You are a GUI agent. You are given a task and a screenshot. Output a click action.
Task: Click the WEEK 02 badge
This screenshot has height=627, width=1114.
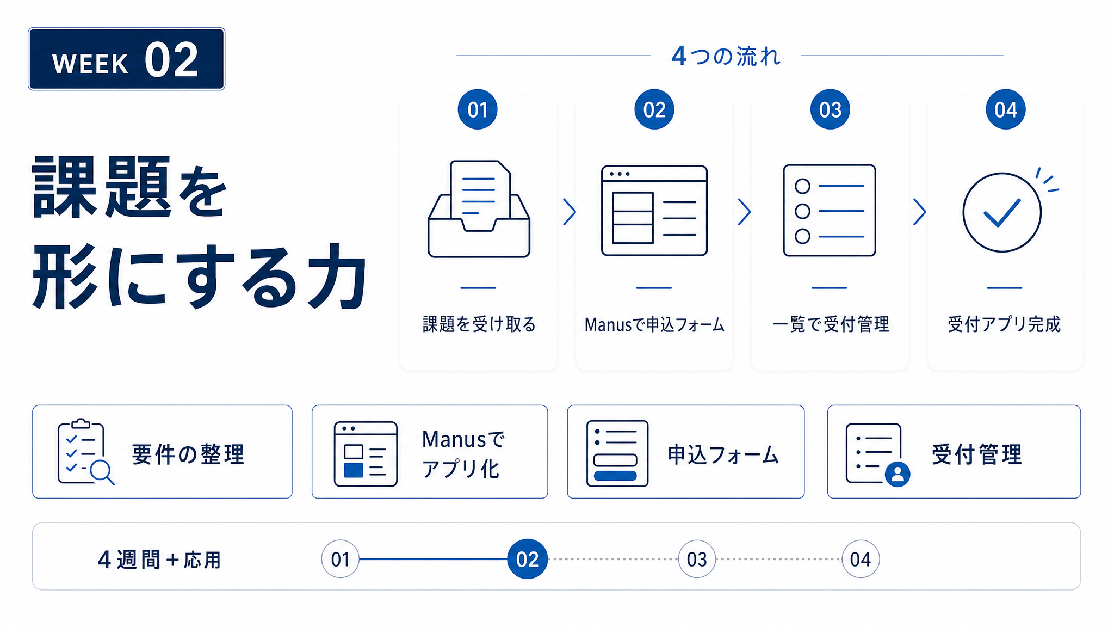point(126,59)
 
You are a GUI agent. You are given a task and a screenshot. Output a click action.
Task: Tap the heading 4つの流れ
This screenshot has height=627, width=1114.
point(726,56)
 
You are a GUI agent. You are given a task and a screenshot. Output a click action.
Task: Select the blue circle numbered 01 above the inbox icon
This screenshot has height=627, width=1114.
point(478,109)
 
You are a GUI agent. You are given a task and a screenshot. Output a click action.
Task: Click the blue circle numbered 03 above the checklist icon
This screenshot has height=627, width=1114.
point(830,109)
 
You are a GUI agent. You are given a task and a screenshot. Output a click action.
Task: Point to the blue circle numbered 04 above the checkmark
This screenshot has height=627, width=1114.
point(1006,109)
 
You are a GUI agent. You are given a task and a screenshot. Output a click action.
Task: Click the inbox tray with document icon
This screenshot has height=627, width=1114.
point(479,208)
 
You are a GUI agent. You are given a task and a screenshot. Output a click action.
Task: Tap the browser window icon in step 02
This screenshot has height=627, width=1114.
point(654,211)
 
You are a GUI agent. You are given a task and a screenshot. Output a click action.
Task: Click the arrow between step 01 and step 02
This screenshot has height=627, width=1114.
point(570,212)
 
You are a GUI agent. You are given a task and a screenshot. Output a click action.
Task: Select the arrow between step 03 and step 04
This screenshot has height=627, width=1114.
point(920,212)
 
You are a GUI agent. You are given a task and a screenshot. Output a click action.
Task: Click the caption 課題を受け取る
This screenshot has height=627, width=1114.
point(479,324)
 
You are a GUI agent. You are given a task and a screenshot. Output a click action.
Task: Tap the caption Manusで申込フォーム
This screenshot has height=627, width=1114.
point(654,325)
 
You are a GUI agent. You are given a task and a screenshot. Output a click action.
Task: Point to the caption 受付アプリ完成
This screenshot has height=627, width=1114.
point(1004,324)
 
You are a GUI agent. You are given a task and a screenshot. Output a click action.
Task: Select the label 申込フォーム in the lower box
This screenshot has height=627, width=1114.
point(723,454)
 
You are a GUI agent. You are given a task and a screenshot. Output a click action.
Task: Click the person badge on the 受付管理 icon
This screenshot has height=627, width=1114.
point(898,474)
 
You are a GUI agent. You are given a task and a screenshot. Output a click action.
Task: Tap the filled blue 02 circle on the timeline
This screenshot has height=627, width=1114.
point(527,559)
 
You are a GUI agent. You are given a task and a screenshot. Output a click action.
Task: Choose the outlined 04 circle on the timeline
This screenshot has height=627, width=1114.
point(860,559)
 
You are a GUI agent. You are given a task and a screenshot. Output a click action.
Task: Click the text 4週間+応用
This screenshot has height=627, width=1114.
point(159,560)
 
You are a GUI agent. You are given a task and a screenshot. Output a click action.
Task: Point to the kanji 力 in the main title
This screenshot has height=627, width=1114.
point(337,276)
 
